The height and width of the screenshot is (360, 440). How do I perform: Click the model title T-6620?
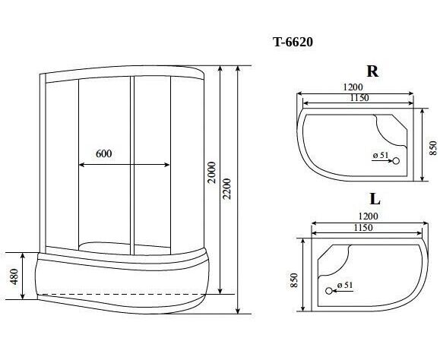[x=293, y=42]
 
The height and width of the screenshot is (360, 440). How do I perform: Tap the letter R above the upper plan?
[x=372, y=71]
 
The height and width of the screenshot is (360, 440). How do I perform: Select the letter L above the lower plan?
[x=375, y=199]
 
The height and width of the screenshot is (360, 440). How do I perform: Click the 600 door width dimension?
[x=104, y=153]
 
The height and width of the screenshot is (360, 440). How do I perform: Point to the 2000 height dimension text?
[x=212, y=172]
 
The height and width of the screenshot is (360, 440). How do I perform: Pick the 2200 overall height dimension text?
[x=226, y=188]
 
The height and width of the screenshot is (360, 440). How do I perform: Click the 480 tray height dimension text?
[x=14, y=276]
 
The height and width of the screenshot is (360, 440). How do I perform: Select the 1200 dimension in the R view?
[x=353, y=87]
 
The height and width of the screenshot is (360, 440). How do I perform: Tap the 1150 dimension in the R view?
[x=359, y=98]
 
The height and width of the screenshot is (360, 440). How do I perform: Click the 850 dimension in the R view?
[x=434, y=148]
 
